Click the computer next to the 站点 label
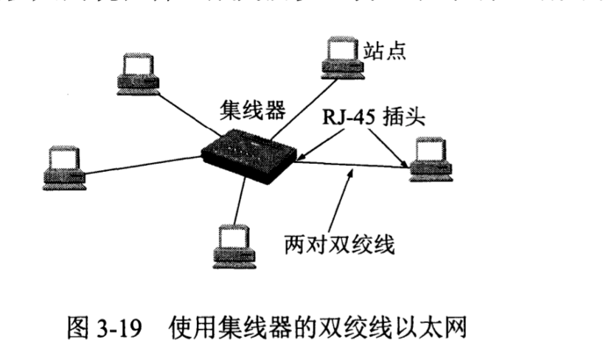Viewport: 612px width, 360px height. (341, 56)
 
